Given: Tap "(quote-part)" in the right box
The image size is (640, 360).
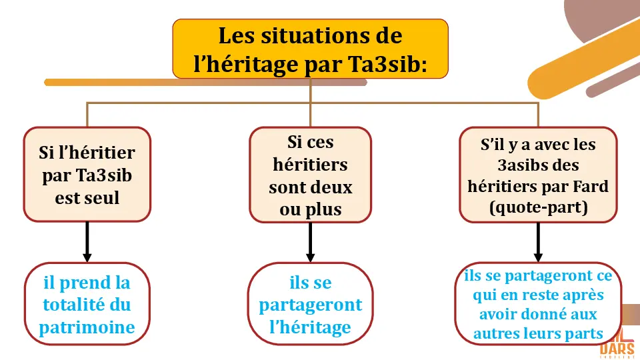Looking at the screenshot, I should [538, 207].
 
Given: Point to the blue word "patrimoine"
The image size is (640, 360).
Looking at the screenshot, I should [87, 327].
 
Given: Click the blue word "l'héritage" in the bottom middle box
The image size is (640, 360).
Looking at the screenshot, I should [310, 327].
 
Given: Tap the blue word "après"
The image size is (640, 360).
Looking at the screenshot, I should [583, 295].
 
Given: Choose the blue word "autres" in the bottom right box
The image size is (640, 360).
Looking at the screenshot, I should [496, 333].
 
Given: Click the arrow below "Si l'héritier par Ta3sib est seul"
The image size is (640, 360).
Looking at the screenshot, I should [87, 243].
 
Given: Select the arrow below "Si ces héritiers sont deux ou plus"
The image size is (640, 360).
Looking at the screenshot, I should [310, 243].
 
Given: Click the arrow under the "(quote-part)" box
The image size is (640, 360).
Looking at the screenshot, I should [538, 243].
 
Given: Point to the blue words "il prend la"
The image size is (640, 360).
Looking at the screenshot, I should [87, 283].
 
